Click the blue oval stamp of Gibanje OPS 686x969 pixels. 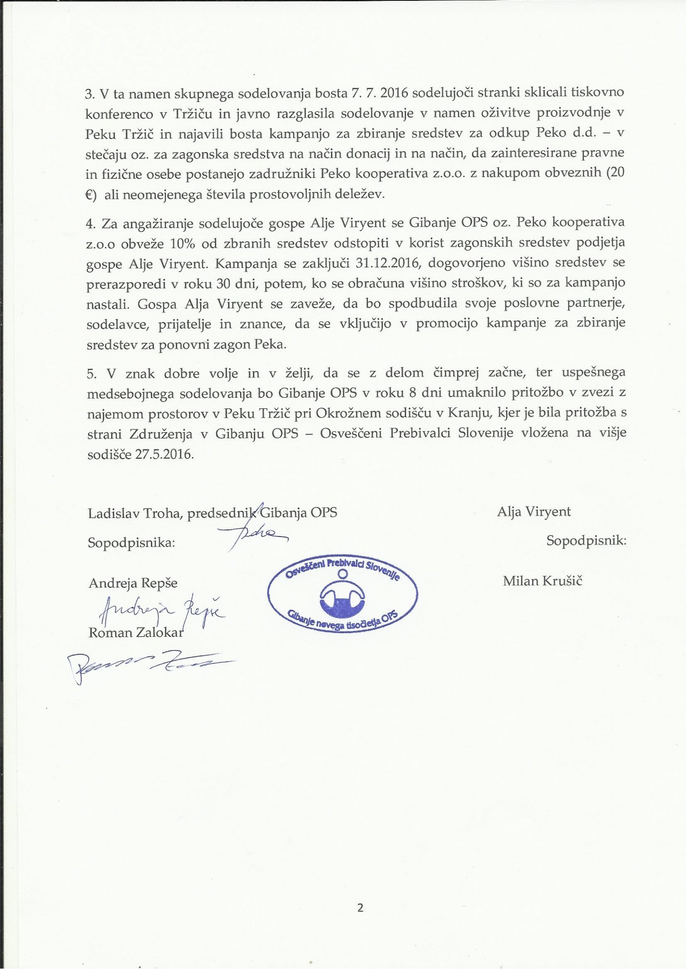pos(342,594)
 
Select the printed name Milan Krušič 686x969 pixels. pos(542,582)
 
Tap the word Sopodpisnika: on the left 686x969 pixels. pos(132,543)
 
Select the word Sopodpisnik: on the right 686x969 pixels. pos(586,540)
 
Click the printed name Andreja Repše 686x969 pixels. pos(133,583)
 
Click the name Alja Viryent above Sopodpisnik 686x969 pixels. pos(534,512)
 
